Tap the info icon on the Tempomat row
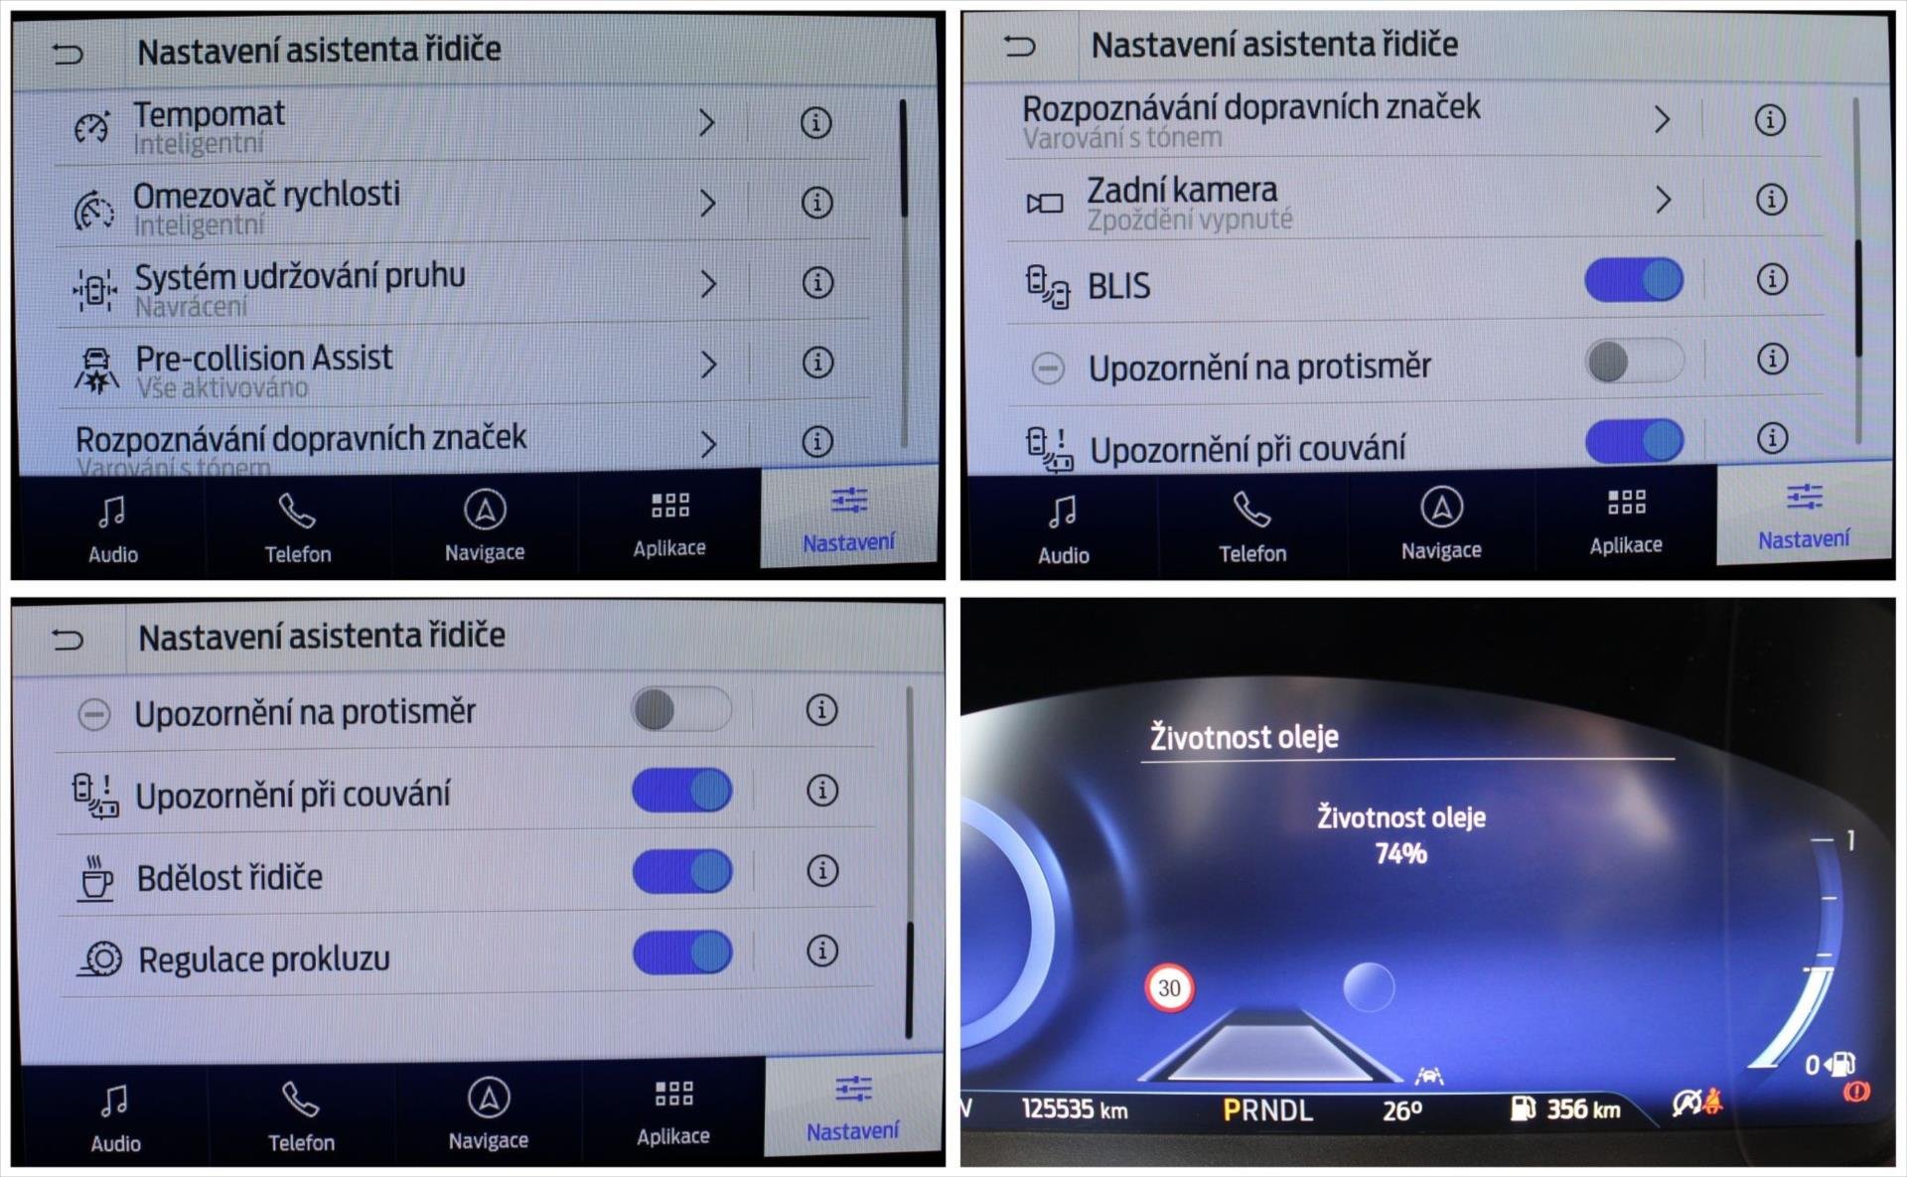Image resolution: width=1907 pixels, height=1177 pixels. point(815,123)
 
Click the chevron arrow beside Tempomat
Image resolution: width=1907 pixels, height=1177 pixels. point(707,123)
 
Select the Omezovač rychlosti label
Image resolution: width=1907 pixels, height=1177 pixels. point(266,195)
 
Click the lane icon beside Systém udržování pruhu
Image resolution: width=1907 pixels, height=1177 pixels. point(94,289)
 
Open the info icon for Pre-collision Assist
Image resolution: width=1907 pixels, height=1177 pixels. point(817,363)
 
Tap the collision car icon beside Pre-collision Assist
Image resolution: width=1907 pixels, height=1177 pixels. point(96,370)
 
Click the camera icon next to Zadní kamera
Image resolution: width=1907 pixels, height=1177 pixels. point(1045,204)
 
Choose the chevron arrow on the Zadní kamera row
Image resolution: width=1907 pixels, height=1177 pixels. point(1664,200)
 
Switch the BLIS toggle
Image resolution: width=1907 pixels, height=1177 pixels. point(1634,280)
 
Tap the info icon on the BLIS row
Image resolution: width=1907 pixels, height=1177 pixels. point(1772,279)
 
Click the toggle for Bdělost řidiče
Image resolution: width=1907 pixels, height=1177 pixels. point(682,871)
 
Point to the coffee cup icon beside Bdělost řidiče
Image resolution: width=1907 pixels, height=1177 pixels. point(96,878)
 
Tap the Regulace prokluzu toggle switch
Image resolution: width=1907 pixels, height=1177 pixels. point(682,953)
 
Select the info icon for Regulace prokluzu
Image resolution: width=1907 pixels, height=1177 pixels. point(821,951)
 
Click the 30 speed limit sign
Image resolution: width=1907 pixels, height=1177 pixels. point(1170,988)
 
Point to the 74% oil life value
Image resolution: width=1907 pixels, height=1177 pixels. point(1400,853)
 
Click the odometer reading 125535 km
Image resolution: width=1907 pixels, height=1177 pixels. point(1075,1108)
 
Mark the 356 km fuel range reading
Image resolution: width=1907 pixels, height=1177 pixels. point(1583,1108)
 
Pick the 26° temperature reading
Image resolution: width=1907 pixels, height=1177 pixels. point(1402,1109)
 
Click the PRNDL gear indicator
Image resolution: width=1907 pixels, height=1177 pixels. point(1267,1109)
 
